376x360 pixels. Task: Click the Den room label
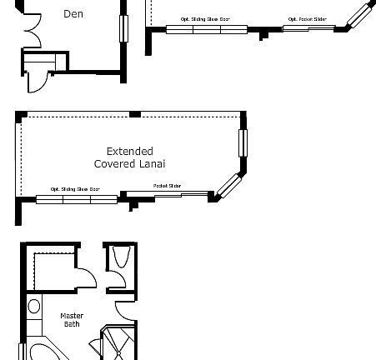pos(73,13)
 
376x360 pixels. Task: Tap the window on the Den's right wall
pos(125,27)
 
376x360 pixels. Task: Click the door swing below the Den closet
pos(37,79)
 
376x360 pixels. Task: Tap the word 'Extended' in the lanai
pos(129,152)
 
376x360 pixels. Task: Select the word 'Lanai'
pos(153,164)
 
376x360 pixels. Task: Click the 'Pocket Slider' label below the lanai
pos(167,186)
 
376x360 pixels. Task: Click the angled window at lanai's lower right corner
pos(227,185)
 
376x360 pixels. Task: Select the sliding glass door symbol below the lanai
pos(77,199)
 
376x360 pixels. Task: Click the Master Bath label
pos(73,319)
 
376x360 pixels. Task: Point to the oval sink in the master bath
pos(34,307)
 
